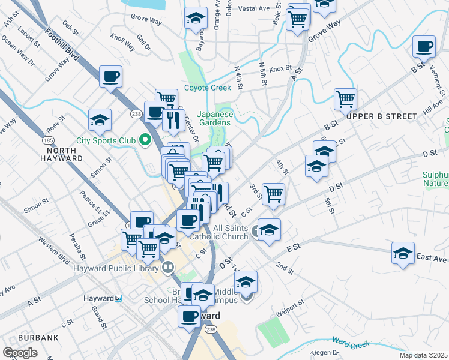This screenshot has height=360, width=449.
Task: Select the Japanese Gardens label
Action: [214, 118]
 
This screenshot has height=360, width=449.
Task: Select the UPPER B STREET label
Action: [382, 116]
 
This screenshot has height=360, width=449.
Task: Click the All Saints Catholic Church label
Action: [218, 232]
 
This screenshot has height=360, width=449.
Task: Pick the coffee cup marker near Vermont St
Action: [424, 46]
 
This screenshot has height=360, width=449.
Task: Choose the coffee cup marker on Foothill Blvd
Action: [111, 76]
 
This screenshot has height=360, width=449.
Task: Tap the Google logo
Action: [20, 353]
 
